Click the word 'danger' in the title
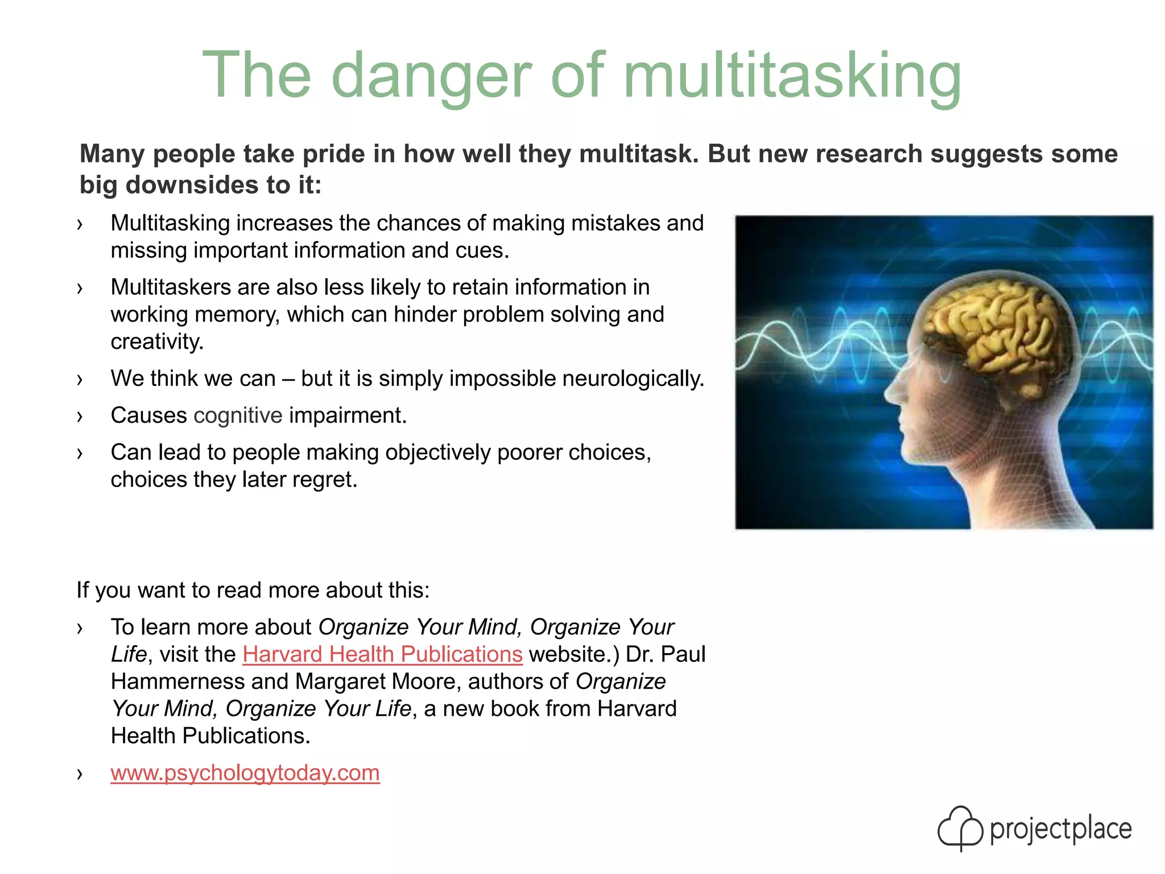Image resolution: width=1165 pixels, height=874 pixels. pyautogui.click(x=431, y=76)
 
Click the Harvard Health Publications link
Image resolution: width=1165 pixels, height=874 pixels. pyautogui.click(x=382, y=654)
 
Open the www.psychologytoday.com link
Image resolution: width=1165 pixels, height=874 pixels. pyautogui.click(x=245, y=773)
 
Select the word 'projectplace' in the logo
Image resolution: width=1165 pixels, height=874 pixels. pyautogui.click(x=1061, y=829)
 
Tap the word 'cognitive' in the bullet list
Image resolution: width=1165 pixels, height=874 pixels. pyautogui.click(x=238, y=416)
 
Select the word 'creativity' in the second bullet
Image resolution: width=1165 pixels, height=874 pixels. pyautogui.click(x=156, y=341)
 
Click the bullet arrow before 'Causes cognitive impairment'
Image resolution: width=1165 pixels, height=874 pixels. pyautogui.click(x=80, y=417)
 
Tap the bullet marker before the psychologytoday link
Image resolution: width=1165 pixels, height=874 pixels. pyautogui.click(x=80, y=774)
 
